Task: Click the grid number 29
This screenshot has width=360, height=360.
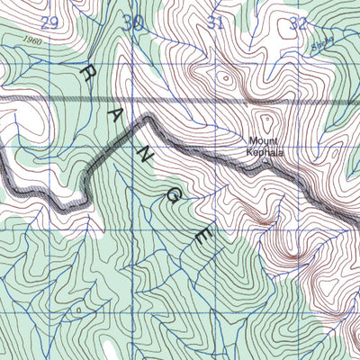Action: [49, 22]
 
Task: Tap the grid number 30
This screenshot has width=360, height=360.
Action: [134, 22]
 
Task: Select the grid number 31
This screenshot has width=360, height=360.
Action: [216, 22]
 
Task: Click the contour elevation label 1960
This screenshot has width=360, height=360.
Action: [34, 41]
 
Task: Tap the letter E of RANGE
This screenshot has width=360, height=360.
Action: [203, 237]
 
